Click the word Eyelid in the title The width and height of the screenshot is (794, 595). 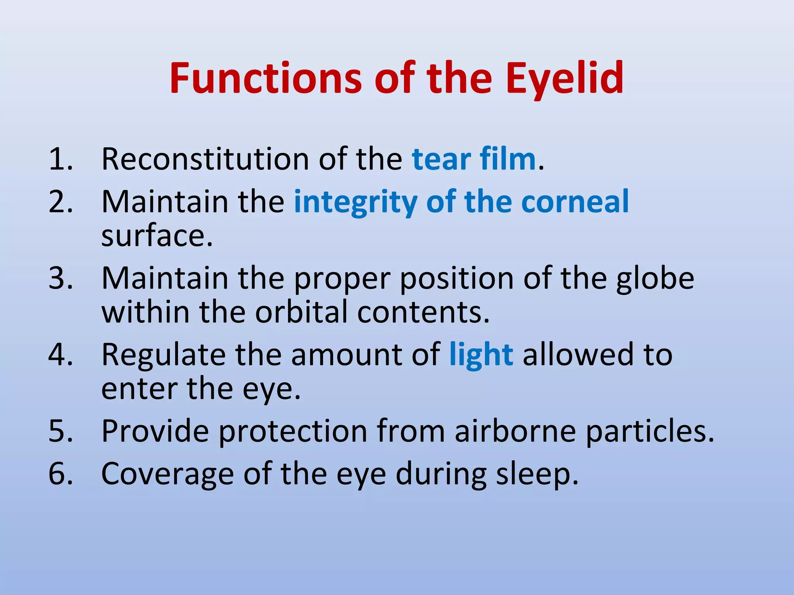click(564, 79)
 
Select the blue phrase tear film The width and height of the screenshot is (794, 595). click(474, 159)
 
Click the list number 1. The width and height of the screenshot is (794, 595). click(60, 159)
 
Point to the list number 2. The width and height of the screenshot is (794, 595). click(60, 202)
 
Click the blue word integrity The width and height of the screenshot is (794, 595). click(356, 202)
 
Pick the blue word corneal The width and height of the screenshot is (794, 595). click(575, 202)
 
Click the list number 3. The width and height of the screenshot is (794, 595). click(60, 278)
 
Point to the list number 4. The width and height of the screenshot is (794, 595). click(60, 355)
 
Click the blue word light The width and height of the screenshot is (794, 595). click(481, 355)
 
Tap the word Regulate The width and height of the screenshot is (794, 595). click(163, 355)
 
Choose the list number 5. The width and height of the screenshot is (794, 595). click(60, 431)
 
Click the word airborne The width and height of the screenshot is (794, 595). click(516, 431)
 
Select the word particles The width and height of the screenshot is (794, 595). click(649, 431)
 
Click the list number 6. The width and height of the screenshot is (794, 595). click(60, 474)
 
